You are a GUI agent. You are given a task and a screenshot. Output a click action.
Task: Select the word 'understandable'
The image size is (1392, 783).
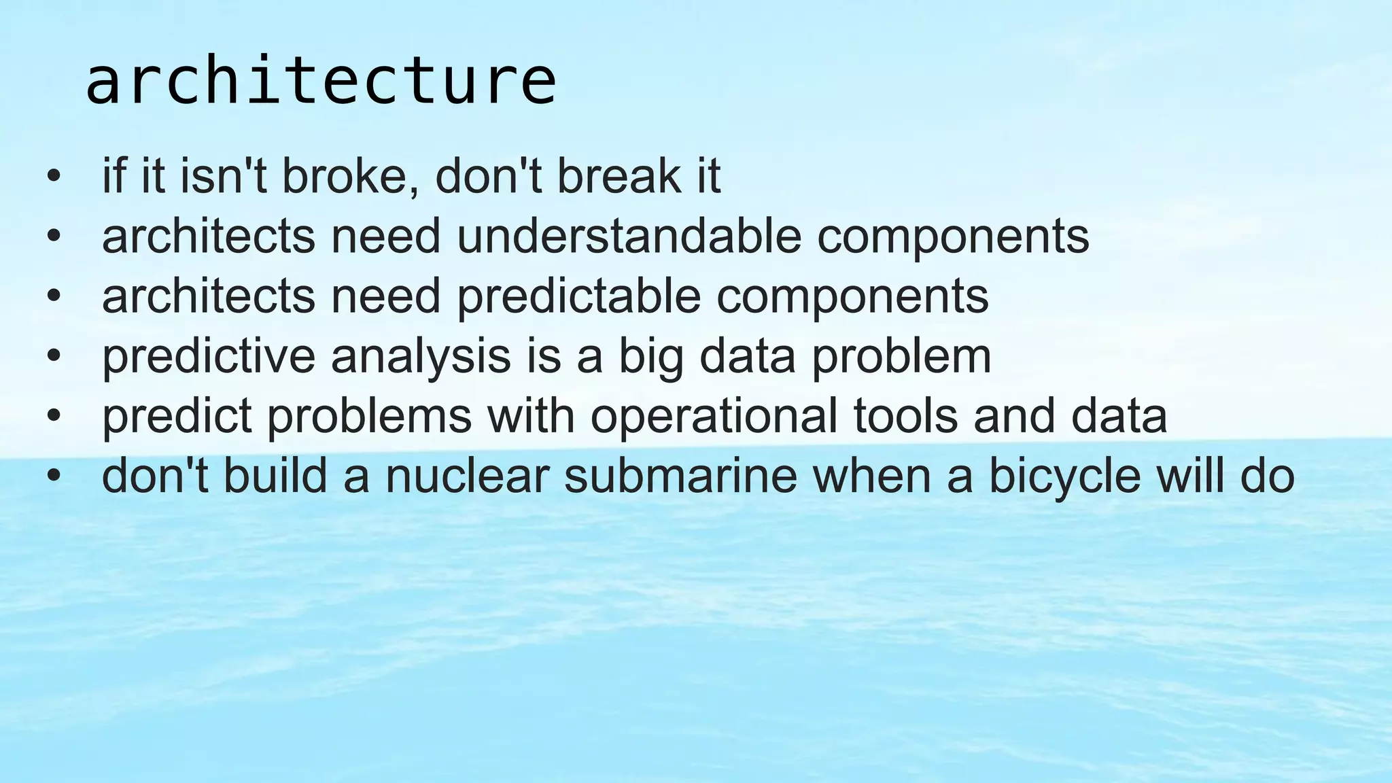[x=629, y=236]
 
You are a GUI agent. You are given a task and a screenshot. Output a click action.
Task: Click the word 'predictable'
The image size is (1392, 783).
[x=578, y=296]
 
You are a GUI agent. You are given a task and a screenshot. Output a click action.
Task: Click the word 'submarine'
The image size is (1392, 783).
[x=680, y=476]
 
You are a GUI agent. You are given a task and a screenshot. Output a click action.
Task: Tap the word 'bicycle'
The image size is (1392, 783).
[x=1064, y=476]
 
